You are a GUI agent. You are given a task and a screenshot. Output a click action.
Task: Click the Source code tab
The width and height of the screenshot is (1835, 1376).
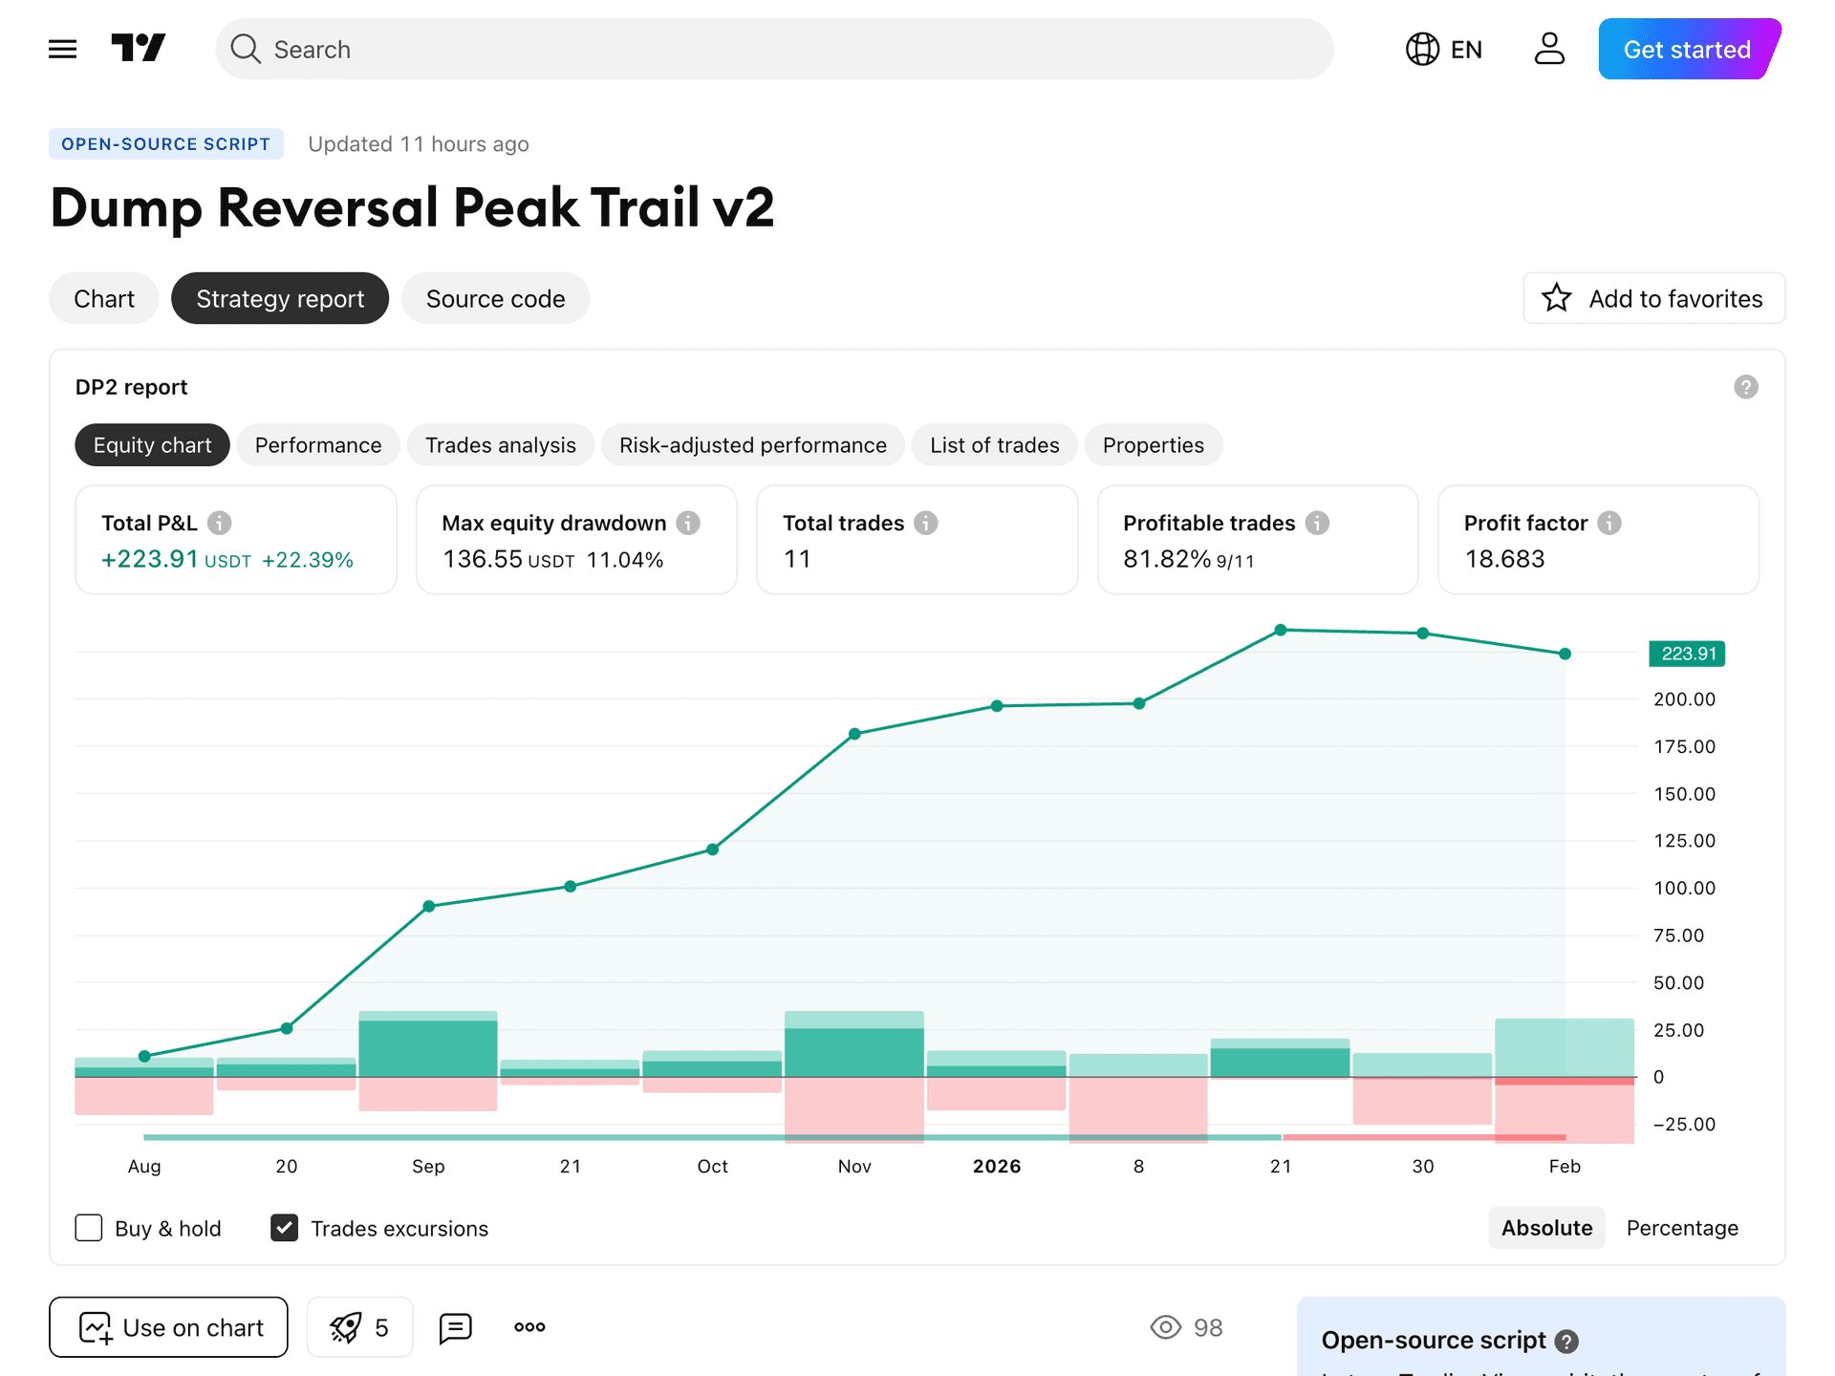click(x=495, y=299)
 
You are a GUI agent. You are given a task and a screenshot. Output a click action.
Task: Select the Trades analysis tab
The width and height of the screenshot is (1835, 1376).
click(x=500, y=445)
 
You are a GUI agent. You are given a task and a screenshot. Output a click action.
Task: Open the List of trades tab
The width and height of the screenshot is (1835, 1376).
click(x=994, y=445)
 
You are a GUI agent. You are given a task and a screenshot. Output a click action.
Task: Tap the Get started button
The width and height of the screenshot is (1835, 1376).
click(x=1687, y=50)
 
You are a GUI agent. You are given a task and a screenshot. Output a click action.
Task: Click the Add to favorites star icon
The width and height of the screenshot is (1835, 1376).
click(x=1557, y=299)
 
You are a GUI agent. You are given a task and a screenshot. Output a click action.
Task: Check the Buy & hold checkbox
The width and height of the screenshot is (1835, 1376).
click(x=89, y=1228)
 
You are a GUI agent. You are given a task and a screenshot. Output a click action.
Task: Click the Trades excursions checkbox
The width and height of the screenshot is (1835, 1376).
click(x=285, y=1228)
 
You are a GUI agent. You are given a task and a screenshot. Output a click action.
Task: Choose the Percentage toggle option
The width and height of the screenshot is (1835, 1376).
click(x=1682, y=1228)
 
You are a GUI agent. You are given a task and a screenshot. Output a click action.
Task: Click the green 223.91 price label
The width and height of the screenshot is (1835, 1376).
click(x=1688, y=654)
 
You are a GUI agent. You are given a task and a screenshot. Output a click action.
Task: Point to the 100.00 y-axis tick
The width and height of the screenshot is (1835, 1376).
click(x=1684, y=888)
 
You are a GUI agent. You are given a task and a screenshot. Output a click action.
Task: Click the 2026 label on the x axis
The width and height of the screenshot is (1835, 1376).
click(x=996, y=1166)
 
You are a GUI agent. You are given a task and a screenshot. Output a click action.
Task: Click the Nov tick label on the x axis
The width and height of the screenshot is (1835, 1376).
click(x=853, y=1166)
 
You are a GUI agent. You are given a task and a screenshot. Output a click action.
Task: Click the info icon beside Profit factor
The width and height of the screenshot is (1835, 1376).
click(x=1609, y=523)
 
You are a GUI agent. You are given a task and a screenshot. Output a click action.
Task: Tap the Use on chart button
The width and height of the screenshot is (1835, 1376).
click(x=168, y=1327)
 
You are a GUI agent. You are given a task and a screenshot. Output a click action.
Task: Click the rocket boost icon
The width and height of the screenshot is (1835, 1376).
click(x=346, y=1327)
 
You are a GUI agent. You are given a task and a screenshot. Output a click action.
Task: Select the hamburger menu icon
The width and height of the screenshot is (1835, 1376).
click(x=63, y=49)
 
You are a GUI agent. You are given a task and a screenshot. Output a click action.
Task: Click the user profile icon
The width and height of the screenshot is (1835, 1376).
click(x=1549, y=49)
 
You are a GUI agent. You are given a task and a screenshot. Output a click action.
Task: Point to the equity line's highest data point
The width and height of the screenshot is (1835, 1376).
click(x=1281, y=630)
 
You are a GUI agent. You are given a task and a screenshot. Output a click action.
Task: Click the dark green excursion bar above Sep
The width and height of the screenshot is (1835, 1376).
click(x=427, y=1048)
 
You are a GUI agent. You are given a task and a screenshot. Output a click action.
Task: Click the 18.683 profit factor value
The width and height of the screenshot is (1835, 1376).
click(x=1504, y=559)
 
